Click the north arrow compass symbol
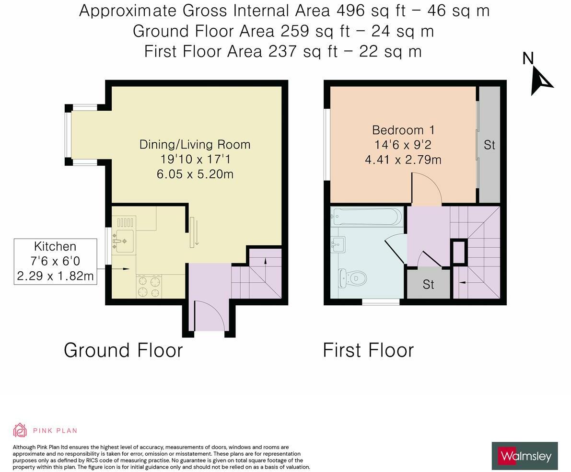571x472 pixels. [541, 81]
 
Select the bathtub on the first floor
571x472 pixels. [368, 217]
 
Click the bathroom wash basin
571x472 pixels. [338, 245]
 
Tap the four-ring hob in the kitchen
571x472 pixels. [149, 287]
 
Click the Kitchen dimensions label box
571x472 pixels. [55, 261]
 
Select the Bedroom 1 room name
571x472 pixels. [403, 130]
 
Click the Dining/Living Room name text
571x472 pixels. [195, 144]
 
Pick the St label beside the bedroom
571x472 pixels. [489, 145]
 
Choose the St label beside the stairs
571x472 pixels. [428, 284]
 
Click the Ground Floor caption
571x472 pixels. [123, 350]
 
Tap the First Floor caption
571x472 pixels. [368, 350]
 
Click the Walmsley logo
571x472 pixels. [525, 456]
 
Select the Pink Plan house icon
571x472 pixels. [20, 430]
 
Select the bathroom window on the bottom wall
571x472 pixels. [381, 302]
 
